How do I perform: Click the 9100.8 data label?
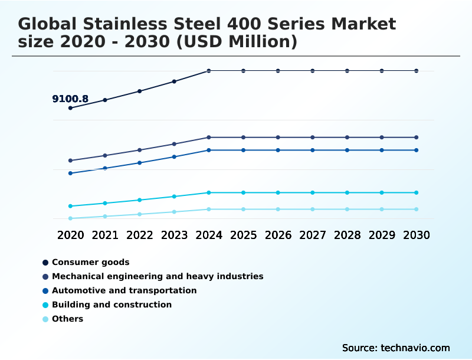tap(70, 99)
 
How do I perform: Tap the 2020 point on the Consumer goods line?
tap(70, 108)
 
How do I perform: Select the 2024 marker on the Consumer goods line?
tap(209, 71)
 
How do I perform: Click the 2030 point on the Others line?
tap(417, 209)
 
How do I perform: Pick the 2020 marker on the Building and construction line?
tap(70, 206)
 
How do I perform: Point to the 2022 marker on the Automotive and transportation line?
tap(140, 163)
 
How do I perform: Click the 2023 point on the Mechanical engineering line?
tap(174, 144)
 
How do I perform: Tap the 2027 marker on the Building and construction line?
tap(313, 192)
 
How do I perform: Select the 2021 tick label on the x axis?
tap(105, 235)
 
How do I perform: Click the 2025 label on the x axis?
tap(243, 235)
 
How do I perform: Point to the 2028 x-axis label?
tap(347, 235)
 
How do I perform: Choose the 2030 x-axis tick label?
tap(417, 235)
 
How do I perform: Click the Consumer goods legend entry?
tap(90, 262)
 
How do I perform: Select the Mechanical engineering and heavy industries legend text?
tap(158, 276)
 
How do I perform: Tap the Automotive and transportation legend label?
tap(124, 290)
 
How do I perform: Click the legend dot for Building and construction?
tap(45, 305)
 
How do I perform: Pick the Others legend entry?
tap(67, 319)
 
